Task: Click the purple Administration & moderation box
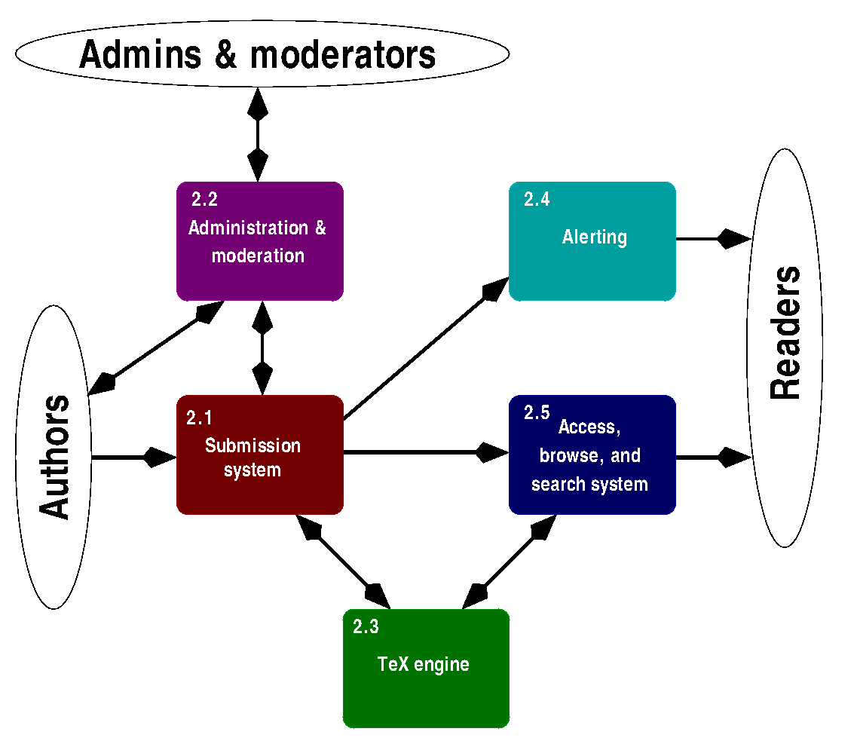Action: click(259, 241)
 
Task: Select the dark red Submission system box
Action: click(259, 455)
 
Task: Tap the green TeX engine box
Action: click(426, 669)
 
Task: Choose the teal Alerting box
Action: click(592, 241)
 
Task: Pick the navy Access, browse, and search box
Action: click(592, 455)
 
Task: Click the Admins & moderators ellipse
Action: click(262, 54)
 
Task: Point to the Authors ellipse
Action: click(54, 457)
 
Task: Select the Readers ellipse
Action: click(785, 347)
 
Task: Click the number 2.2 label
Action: click(204, 200)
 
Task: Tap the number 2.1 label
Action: click(199, 418)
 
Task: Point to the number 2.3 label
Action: click(366, 627)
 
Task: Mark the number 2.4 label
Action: click(537, 200)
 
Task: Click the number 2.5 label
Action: click(537, 412)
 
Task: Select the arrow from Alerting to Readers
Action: click(714, 239)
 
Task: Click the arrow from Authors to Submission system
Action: click(134, 457)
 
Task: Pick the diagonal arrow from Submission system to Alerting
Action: click(427, 348)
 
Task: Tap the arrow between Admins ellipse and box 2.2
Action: click(258, 134)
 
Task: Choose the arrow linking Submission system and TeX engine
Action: click(343, 562)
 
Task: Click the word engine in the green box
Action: click(442, 665)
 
